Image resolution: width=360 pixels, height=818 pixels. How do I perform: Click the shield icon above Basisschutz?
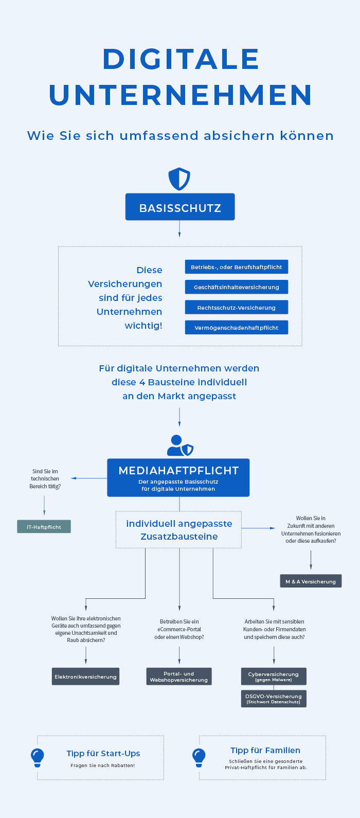coord(179,179)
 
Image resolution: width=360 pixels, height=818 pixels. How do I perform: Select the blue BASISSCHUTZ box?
coord(180,207)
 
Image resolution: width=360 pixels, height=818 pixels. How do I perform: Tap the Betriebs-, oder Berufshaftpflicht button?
coord(237,267)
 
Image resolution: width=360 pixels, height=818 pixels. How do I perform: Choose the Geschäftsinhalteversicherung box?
coord(237,287)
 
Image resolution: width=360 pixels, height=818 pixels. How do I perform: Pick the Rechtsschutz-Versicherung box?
coord(237,308)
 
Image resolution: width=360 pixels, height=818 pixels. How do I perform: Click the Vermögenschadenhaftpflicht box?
coord(237,328)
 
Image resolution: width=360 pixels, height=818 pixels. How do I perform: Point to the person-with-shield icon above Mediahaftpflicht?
coord(179,446)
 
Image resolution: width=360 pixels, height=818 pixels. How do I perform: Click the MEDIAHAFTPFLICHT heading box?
coord(178,477)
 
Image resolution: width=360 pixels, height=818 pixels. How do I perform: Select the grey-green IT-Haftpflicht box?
coord(44,527)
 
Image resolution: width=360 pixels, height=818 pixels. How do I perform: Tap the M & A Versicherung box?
coord(311,581)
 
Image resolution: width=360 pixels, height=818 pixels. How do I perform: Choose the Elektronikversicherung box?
coord(86,677)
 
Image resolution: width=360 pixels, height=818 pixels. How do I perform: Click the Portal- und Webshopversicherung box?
coord(179,677)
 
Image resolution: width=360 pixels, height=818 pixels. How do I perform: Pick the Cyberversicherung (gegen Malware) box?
coord(274,676)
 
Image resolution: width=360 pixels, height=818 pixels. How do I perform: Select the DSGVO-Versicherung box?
coord(274,699)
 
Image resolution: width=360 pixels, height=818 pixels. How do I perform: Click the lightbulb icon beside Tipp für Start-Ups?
coord(37,757)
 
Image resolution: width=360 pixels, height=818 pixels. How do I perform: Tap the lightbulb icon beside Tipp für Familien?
coord(199,757)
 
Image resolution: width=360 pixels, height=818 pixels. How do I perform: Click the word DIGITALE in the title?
coord(181,59)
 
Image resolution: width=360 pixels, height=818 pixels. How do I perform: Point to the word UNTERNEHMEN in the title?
coord(181,95)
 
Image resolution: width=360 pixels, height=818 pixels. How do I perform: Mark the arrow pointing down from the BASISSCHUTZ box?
coord(179,229)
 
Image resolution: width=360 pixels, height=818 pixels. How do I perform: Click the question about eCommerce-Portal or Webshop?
coord(179,629)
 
